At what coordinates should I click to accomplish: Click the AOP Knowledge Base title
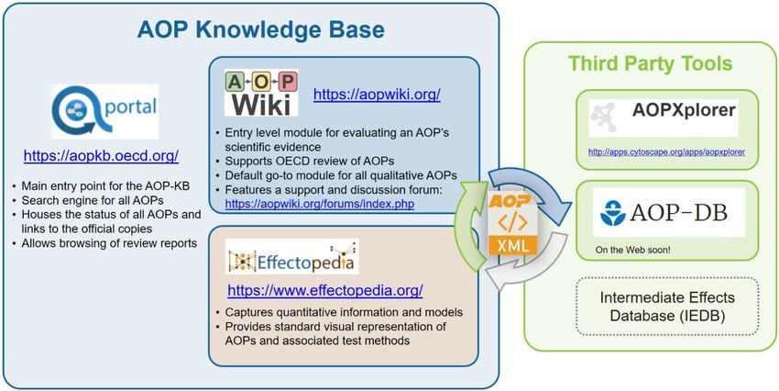point(260,30)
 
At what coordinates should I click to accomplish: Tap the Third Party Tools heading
point(650,63)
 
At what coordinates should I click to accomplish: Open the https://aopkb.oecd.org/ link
point(102,156)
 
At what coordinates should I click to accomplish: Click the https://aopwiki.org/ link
point(377,95)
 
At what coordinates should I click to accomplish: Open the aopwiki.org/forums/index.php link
point(320,204)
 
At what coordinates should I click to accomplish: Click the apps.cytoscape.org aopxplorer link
point(666,152)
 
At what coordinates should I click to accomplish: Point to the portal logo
point(104,111)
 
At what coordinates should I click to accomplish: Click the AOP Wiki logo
point(261,93)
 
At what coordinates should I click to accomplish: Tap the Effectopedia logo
point(291,256)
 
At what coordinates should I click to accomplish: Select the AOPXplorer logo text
point(684,110)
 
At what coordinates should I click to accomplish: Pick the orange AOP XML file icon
point(512,223)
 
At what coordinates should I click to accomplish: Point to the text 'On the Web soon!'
point(632,250)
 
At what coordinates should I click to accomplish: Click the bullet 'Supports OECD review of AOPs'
point(315,162)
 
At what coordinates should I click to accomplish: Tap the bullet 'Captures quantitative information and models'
point(340,312)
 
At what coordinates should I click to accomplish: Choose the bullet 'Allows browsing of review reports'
point(104,243)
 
